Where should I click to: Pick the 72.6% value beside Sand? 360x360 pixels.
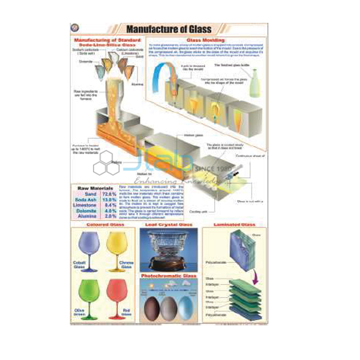(x=109, y=194)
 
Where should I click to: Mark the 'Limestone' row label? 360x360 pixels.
(x=86, y=206)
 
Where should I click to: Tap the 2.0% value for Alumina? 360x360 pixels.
(x=110, y=217)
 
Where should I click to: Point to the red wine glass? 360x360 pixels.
(x=116, y=292)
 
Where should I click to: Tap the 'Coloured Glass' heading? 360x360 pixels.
(x=105, y=226)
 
